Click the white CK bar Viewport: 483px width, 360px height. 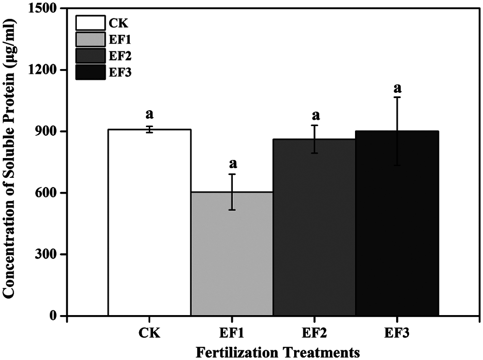click(x=149, y=222)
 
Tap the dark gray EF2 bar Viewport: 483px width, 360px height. click(x=314, y=227)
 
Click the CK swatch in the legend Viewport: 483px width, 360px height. click(x=90, y=23)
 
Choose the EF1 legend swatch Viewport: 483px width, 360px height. click(x=90, y=39)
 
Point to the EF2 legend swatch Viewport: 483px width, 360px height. click(x=90, y=56)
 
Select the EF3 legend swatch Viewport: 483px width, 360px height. click(x=90, y=72)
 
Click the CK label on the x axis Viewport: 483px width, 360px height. click(x=149, y=333)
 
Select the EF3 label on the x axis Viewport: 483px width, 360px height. click(x=397, y=333)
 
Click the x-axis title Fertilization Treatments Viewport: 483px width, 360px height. click(x=278, y=351)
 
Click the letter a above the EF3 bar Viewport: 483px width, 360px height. click(x=398, y=88)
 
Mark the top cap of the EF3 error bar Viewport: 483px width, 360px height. click(x=397, y=97)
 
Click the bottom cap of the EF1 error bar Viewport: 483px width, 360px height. click(x=232, y=210)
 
